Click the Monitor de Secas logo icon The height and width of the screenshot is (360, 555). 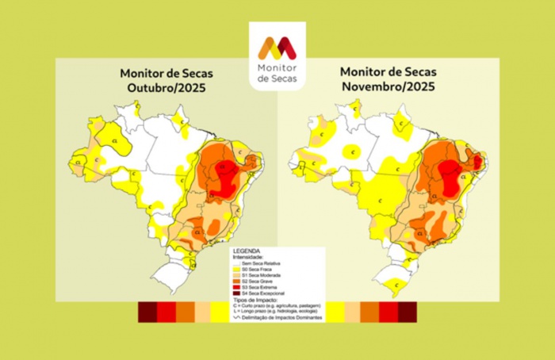click(x=277, y=48)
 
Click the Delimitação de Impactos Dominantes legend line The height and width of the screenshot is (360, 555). click(x=277, y=318)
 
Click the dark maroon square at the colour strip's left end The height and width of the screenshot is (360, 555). click(x=147, y=312)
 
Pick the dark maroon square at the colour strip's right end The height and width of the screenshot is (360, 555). click(x=407, y=312)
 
